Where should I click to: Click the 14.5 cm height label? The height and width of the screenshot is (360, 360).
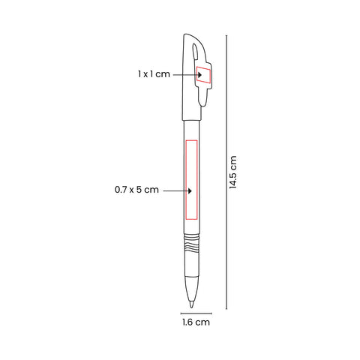point(233,172)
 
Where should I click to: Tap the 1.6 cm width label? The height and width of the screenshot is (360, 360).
point(196,322)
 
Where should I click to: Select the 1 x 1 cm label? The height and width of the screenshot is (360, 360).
point(154,74)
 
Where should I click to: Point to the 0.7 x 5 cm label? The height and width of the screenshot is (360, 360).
point(136,190)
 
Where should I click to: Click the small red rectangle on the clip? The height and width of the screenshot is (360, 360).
point(203,74)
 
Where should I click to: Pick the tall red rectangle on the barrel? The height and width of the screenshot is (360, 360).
point(191,180)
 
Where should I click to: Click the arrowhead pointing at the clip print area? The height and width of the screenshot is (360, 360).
point(200,75)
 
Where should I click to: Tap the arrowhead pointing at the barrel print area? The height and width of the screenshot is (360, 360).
point(190,191)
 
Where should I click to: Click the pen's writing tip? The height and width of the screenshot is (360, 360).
point(191,304)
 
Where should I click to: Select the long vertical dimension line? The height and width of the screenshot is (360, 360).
point(226,172)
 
